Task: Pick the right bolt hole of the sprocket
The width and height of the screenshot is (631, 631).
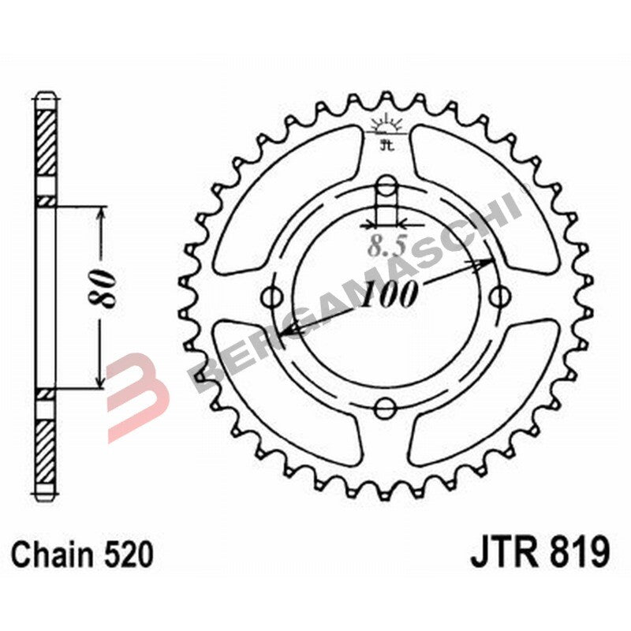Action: [x=498, y=297]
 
